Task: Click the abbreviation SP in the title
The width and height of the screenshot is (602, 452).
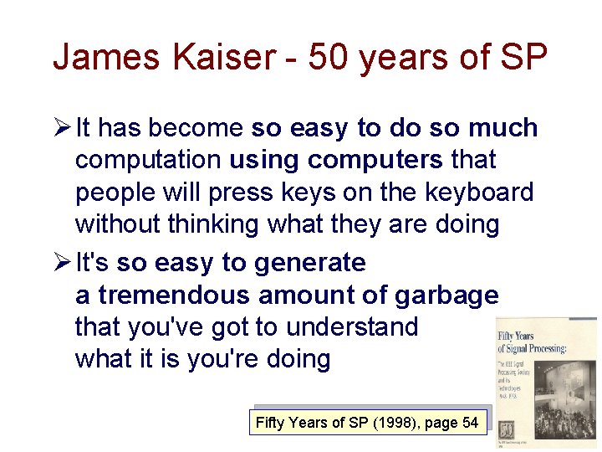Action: tap(523, 58)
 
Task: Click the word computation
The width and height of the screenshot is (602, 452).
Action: tap(148, 161)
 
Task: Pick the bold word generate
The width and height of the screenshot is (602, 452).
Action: tap(309, 263)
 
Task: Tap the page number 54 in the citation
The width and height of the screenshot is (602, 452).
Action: tap(470, 423)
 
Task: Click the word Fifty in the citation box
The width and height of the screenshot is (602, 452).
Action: tap(270, 423)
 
